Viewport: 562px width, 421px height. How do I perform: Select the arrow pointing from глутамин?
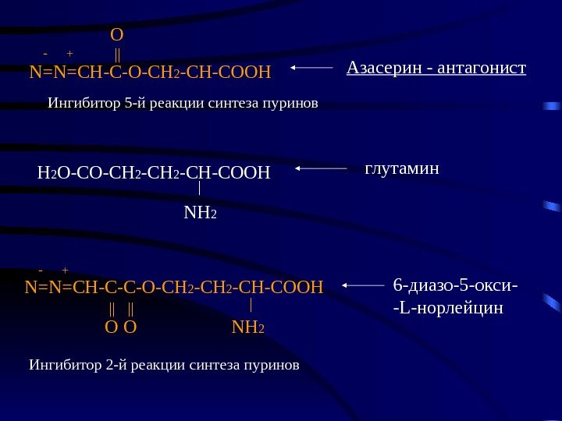click(x=321, y=168)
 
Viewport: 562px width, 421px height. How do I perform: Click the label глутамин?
click(x=403, y=168)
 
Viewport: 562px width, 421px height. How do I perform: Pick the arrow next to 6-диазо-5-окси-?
click(x=364, y=285)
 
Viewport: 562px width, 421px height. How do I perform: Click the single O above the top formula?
click(x=117, y=35)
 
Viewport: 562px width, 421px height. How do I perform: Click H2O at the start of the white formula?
click(x=53, y=172)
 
